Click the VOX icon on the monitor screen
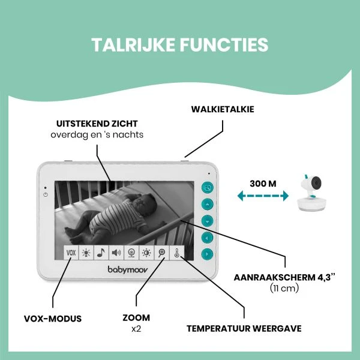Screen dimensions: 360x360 pyautogui.click(x=71, y=253)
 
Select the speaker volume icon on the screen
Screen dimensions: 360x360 pyautogui.click(x=116, y=253)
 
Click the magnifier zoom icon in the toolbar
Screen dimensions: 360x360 pyautogui.click(x=162, y=253)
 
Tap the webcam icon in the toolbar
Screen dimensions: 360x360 pyautogui.click(x=131, y=253)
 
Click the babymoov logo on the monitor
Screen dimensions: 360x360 pyautogui.click(x=124, y=271)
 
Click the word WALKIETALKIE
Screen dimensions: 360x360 pyautogui.click(x=223, y=110)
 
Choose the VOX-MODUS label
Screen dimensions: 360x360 pyautogui.click(x=53, y=317)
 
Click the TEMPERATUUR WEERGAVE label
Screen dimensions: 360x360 pyautogui.click(x=244, y=329)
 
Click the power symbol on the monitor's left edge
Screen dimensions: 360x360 pyautogui.click(x=45, y=195)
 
